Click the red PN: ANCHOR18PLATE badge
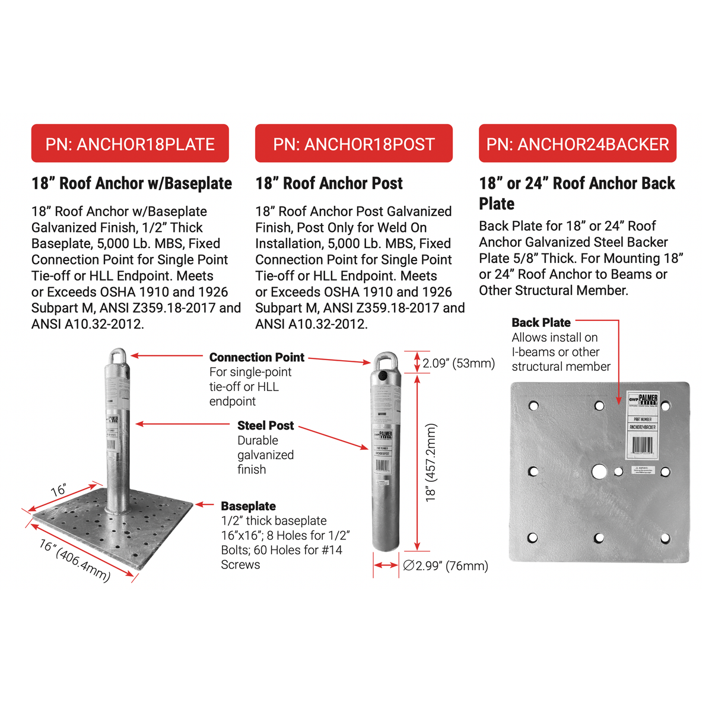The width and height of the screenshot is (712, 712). (130, 144)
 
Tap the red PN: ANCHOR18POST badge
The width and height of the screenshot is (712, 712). (354, 144)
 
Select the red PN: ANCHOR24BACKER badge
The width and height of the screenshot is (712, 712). (577, 144)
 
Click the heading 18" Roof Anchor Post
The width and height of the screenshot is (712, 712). (329, 183)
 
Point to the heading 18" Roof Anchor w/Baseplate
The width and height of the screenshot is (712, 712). (132, 183)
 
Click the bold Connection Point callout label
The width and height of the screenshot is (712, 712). (256, 357)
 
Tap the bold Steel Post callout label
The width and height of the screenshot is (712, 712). (265, 425)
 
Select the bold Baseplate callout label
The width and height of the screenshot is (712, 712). (248, 506)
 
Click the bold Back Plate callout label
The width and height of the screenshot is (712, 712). (541, 323)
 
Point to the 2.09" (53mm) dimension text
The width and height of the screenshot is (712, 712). (458, 363)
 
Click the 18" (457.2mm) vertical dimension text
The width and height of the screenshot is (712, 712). (431, 463)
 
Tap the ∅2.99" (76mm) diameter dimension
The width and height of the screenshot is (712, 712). (446, 565)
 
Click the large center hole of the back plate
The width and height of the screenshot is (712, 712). (599, 472)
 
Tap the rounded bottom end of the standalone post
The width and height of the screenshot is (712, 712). (386, 543)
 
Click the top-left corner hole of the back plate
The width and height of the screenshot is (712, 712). (533, 406)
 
